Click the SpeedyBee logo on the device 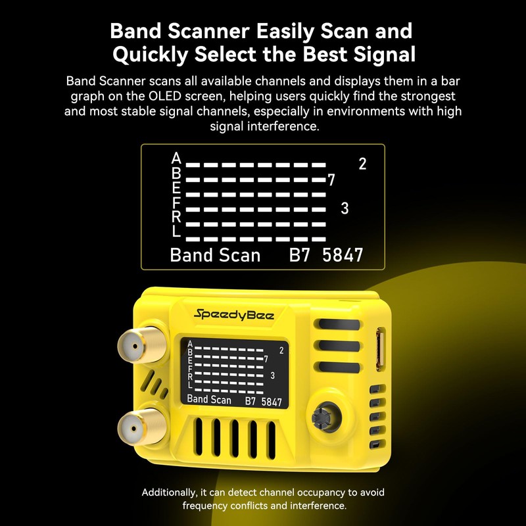pyautogui.click(x=234, y=314)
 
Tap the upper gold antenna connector pyautogui.click(x=133, y=343)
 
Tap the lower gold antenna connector pyautogui.click(x=133, y=426)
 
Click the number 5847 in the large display pyautogui.click(x=343, y=256)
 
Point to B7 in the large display pyautogui.click(x=301, y=256)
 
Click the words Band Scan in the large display pyautogui.click(x=215, y=256)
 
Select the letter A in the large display pyautogui.click(x=176, y=158)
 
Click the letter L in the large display pyautogui.click(x=176, y=231)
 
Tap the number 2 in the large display pyautogui.click(x=362, y=164)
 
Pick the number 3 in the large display pyautogui.click(x=345, y=209)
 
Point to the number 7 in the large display pyautogui.click(x=331, y=179)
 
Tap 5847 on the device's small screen pyautogui.click(x=272, y=401)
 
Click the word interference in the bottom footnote pyautogui.click(x=316, y=506)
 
